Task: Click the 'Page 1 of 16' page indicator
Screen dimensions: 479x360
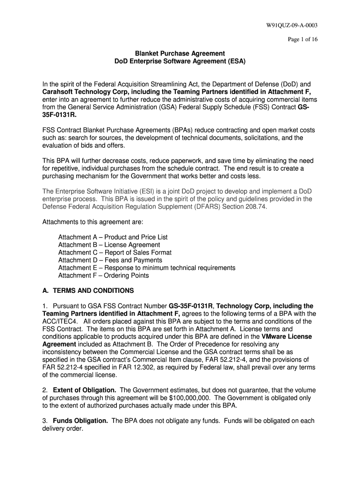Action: click(302, 40)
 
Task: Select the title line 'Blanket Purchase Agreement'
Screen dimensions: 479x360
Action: click(180, 53)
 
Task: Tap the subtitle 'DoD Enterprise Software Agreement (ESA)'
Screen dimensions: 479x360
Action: click(180, 61)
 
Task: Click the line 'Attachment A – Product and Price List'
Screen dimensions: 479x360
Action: click(113, 237)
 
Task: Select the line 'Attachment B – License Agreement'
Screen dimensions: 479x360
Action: click(109, 245)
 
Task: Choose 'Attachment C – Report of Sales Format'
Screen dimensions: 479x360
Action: click(115, 253)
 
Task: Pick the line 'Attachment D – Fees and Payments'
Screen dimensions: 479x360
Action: click(110, 260)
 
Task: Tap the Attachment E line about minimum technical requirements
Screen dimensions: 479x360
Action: click(146, 268)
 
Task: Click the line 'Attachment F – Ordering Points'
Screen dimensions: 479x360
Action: click(103, 276)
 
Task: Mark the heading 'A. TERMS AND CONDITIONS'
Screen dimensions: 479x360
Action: click(88, 290)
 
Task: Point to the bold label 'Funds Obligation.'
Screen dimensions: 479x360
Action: click(81, 421)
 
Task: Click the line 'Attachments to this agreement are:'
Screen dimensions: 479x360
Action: click(93, 222)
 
